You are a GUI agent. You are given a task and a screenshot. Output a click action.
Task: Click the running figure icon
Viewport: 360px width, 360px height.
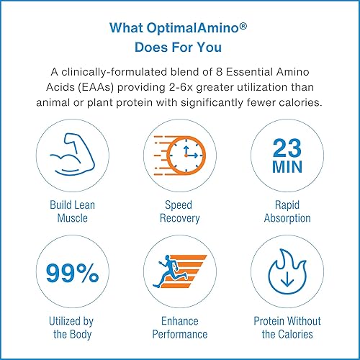pyautogui.click(x=179, y=274)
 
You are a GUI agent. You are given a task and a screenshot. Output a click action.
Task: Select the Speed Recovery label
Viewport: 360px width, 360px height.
pyautogui.click(x=179, y=210)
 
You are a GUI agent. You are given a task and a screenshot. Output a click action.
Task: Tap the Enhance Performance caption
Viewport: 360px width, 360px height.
pyautogui.click(x=179, y=327)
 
